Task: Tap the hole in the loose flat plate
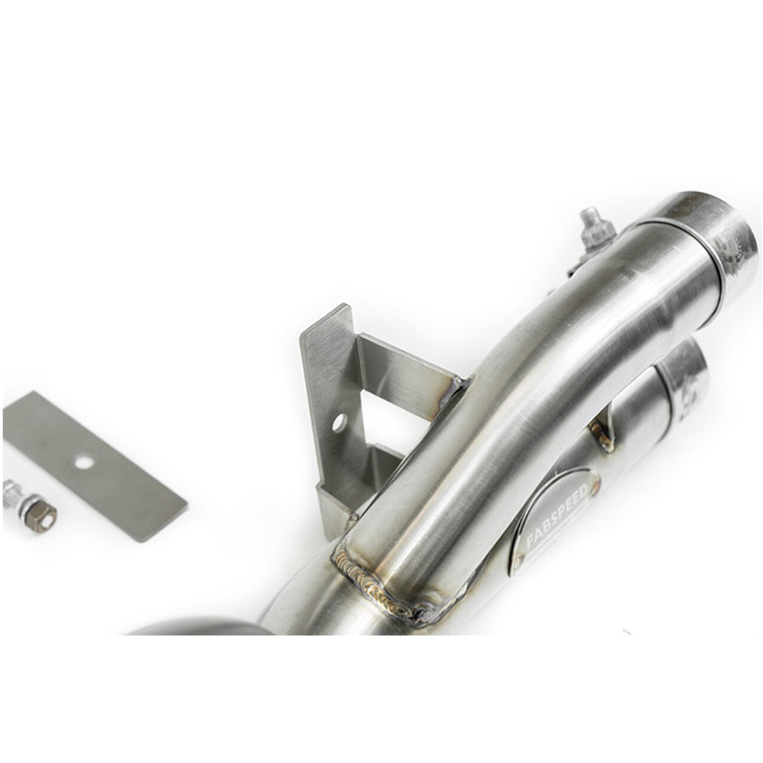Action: tap(83, 462)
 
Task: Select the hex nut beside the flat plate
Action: tap(39, 515)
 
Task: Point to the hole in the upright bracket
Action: tap(338, 421)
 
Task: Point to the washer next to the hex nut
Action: tap(13, 494)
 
